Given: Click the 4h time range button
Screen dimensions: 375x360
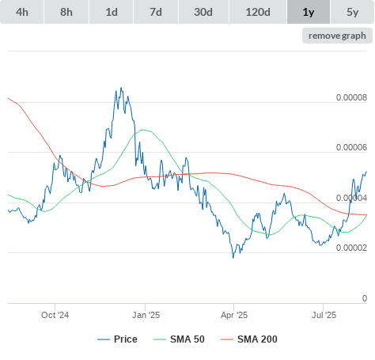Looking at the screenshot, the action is tap(22, 12).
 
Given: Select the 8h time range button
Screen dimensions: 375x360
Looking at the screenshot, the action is tap(66, 12).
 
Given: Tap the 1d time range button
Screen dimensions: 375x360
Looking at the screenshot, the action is tap(112, 12).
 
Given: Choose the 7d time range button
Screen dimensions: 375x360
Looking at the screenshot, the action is tap(156, 12).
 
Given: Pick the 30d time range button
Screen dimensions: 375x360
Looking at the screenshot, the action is tap(203, 12).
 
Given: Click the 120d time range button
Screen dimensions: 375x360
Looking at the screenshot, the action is tap(258, 12).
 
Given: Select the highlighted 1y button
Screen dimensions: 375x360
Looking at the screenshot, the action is tap(309, 12).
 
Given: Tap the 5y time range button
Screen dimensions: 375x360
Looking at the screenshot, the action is tap(353, 12).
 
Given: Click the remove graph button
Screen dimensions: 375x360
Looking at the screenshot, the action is tap(337, 36).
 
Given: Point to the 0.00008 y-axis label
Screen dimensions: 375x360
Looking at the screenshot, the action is tap(351, 97).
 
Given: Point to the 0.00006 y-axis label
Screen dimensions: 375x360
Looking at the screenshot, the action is tap(351, 147).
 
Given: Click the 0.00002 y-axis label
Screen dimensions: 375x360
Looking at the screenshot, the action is tap(351, 248).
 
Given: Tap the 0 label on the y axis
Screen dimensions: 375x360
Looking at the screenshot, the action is tap(365, 298).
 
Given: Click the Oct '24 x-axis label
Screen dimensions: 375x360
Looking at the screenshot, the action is tap(55, 315).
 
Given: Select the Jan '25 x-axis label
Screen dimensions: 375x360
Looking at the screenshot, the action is tap(146, 315).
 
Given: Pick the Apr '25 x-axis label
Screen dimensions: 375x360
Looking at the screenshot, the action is tap(234, 315).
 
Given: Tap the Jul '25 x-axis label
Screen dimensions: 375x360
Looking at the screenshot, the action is tap(324, 315).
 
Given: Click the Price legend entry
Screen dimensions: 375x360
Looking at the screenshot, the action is tap(117, 339).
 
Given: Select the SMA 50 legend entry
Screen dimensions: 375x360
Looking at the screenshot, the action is tap(179, 339).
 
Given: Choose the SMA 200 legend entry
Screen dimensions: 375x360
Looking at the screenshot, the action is tap(249, 339).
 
